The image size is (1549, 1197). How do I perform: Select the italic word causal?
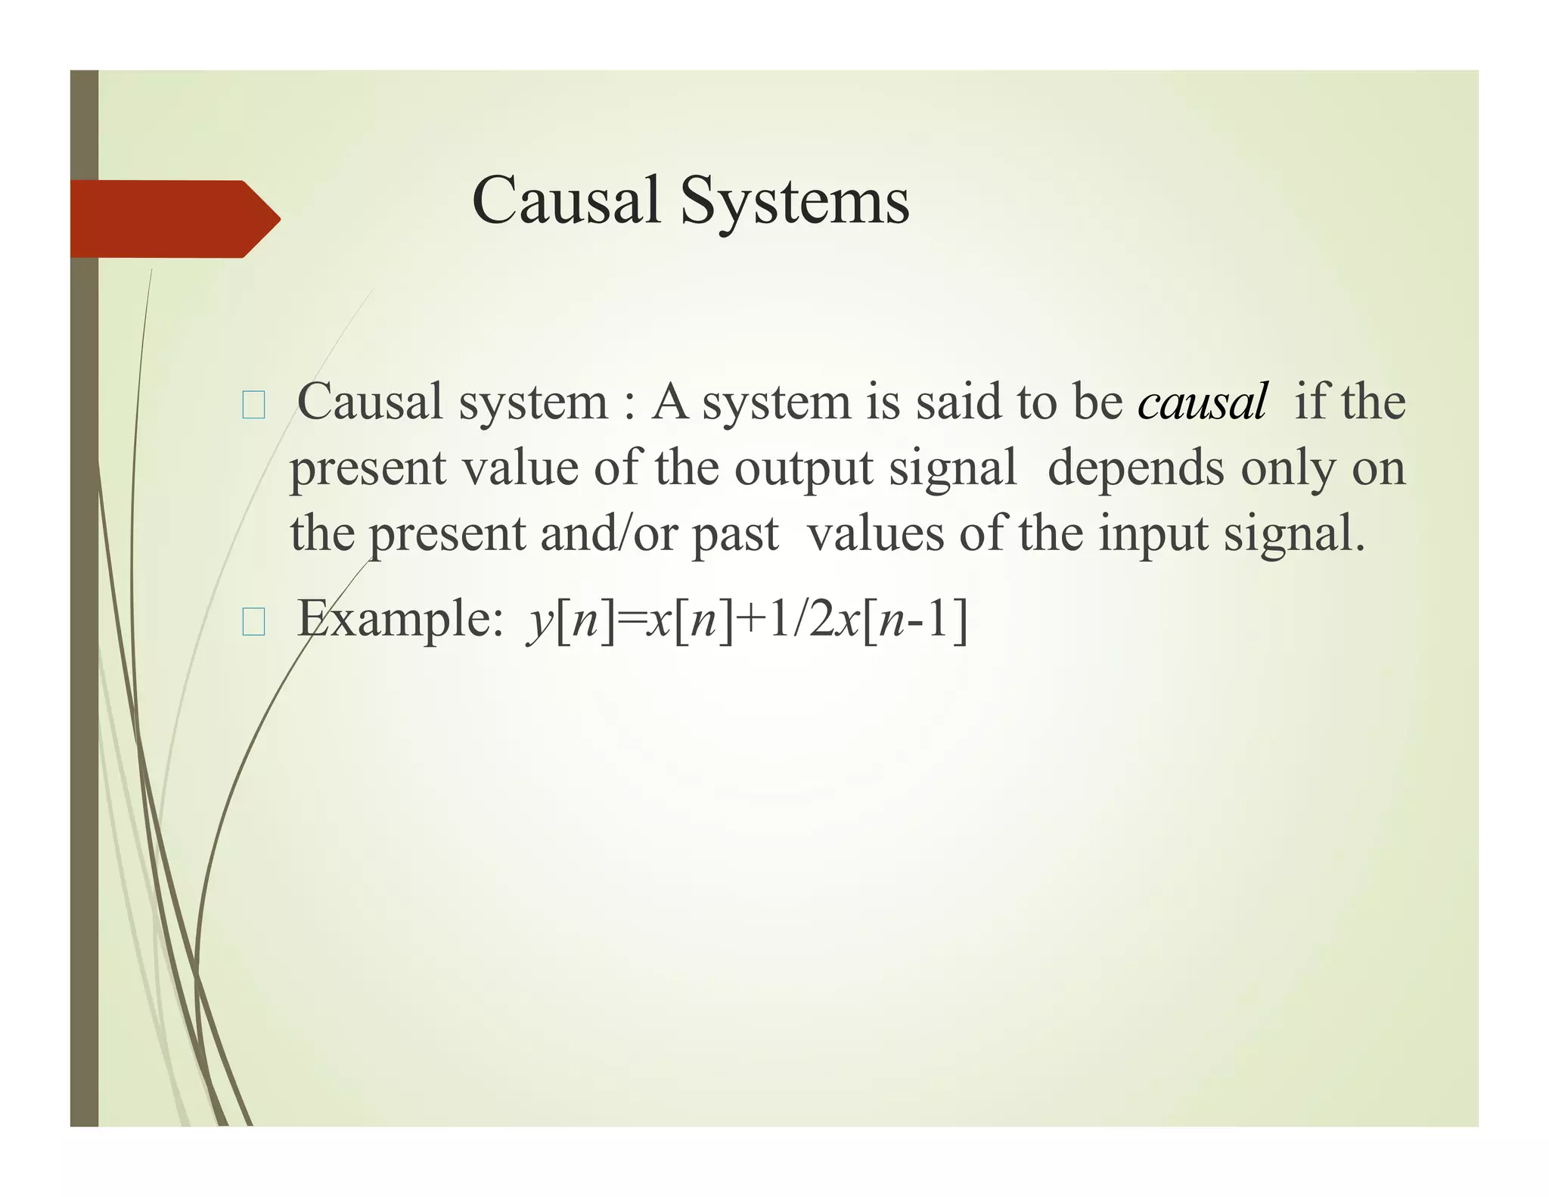point(1202,402)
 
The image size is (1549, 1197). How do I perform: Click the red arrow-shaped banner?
point(174,219)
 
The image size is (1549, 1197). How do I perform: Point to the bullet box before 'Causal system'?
point(253,406)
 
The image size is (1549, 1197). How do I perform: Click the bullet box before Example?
point(253,623)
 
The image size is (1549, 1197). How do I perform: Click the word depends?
point(1135,468)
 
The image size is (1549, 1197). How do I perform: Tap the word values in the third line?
point(875,534)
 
